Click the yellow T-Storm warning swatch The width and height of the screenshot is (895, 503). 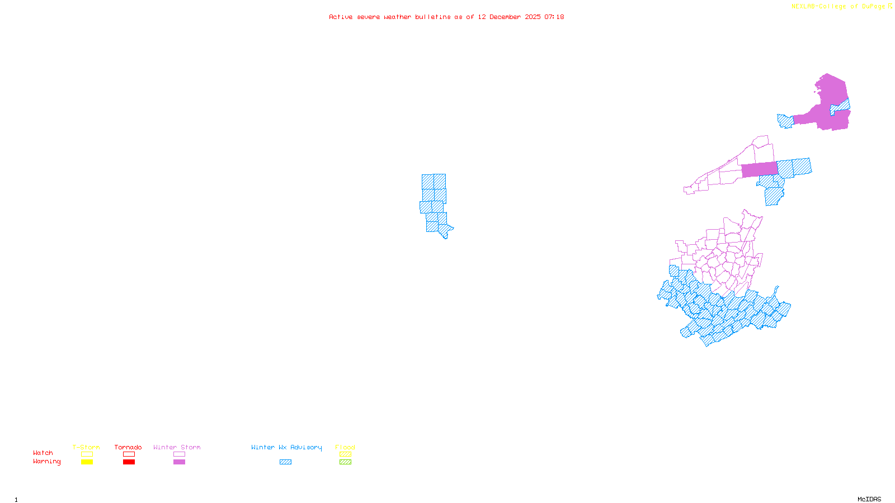pos(87,462)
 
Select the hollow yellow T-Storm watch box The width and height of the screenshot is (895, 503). pos(87,454)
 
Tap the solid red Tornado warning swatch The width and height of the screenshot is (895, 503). pos(129,462)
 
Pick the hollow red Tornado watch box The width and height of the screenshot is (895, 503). pos(129,454)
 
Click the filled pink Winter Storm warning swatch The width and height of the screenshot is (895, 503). pos(179,462)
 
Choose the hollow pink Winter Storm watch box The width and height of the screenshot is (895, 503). pos(179,454)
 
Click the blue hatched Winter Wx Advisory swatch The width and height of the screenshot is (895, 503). pos(285,462)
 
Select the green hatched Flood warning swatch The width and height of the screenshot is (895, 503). pos(345,462)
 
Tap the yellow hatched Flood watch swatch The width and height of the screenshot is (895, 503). pos(345,454)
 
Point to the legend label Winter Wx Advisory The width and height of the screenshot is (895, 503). pos(286,447)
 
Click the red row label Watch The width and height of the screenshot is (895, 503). pos(43,453)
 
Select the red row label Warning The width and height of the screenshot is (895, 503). pos(47,462)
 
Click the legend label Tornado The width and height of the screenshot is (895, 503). pos(128,447)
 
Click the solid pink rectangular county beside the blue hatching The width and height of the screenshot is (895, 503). pos(759,169)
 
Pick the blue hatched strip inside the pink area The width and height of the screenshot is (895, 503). pos(841,106)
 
